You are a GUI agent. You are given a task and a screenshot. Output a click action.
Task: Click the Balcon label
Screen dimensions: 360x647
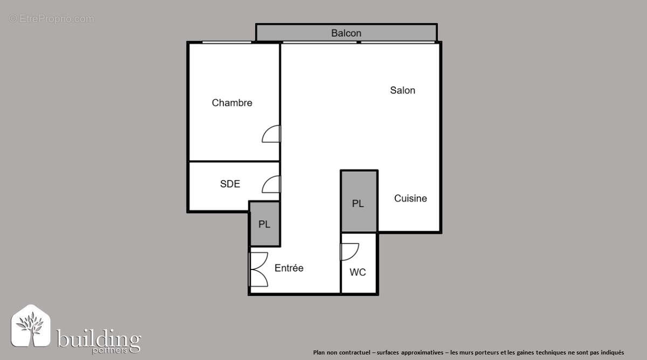click(x=346, y=33)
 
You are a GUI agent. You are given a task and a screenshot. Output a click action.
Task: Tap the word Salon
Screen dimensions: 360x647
click(x=403, y=91)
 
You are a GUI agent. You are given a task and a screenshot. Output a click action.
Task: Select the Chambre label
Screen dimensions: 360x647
click(x=232, y=103)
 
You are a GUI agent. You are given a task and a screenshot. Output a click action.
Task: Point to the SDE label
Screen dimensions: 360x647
click(x=230, y=184)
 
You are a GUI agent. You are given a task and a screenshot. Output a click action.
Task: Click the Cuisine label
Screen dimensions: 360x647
click(x=410, y=198)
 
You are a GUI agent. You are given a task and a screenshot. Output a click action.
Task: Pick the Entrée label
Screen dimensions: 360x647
click(x=289, y=268)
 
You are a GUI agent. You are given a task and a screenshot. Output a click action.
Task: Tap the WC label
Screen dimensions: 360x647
click(x=357, y=272)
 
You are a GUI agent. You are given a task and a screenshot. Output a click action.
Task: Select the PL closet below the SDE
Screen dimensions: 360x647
click(x=264, y=224)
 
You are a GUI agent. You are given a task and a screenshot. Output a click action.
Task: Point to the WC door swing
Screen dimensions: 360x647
click(x=349, y=252)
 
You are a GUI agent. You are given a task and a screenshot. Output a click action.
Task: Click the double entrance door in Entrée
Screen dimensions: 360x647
click(x=258, y=269)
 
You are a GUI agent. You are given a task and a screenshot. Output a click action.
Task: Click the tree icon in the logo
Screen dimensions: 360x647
click(x=30, y=327)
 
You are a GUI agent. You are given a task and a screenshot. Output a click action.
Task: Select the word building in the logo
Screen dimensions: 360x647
click(x=99, y=340)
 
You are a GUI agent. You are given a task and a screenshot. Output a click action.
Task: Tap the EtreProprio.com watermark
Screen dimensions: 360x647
click(x=52, y=19)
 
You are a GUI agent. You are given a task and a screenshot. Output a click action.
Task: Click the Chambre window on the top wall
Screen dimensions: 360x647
click(x=226, y=42)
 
